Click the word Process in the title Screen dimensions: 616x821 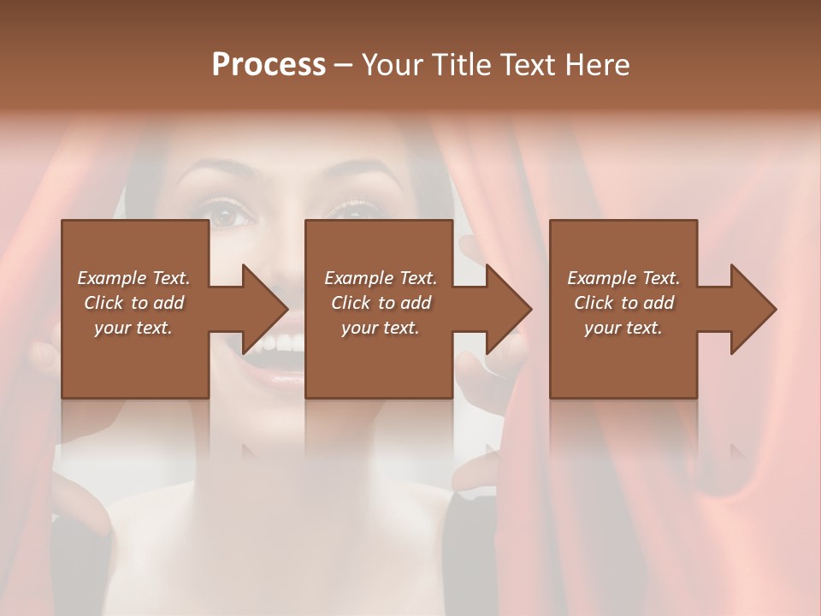tap(269, 65)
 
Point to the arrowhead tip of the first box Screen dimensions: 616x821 tap(287, 309)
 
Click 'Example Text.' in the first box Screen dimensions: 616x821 tap(133, 278)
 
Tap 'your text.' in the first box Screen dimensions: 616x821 tap(133, 328)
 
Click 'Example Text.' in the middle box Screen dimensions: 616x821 tap(381, 278)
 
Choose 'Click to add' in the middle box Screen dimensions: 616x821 tap(381, 303)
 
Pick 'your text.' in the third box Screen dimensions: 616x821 tap(623, 328)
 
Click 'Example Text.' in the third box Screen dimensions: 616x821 tap(623, 278)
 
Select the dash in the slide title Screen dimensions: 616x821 tap(344, 65)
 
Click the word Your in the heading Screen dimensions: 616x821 tap(390, 65)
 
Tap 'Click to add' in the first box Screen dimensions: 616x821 tap(133, 303)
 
